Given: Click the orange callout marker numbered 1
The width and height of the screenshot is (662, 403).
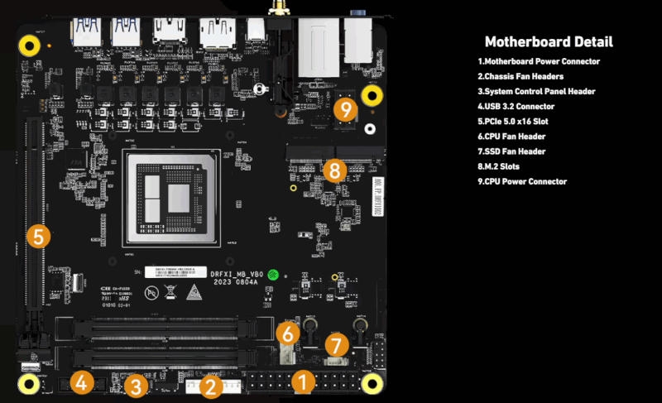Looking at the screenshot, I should [x=304, y=382].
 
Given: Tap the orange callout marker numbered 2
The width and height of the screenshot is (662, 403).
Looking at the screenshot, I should [x=209, y=385].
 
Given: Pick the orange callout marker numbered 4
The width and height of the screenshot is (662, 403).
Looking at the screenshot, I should [x=81, y=382].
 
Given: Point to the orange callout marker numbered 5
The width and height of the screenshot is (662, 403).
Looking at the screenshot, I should [x=38, y=236].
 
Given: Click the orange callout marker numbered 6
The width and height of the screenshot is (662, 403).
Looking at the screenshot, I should [x=286, y=334].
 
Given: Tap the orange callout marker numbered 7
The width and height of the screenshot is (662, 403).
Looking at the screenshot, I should [x=335, y=345].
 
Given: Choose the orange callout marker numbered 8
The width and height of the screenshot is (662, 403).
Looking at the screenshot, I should [x=333, y=170].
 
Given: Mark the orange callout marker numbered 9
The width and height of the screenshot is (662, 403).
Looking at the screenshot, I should [x=346, y=108].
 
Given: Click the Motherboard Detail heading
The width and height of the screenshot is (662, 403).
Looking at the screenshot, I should [x=549, y=42].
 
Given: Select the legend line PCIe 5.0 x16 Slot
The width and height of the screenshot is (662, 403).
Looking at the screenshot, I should [x=524, y=122].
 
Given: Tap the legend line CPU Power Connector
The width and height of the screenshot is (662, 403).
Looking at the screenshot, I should [x=522, y=181].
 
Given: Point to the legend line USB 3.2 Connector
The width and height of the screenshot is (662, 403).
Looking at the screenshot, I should [x=516, y=107].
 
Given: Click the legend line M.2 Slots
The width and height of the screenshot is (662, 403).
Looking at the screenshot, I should [x=506, y=166].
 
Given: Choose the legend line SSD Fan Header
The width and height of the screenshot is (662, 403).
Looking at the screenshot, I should [x=516, y=151].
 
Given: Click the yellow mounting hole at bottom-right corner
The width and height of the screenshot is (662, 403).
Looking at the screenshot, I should [x=372, y=383].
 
